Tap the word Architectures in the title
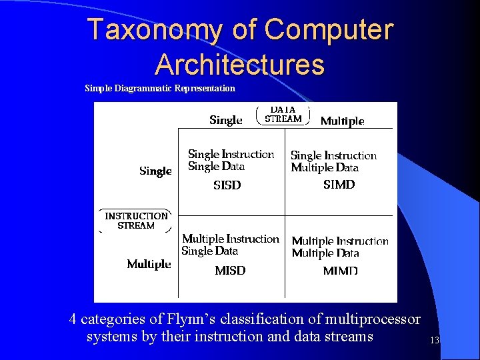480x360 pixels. [x=239, y=65]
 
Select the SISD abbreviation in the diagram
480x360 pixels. [x=227, y=185]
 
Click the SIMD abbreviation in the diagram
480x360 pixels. [x=339, y=185]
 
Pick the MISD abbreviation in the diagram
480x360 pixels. [x=230, y=271]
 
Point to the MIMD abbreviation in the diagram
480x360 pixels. [x=340, y=271]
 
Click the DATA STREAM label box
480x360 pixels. [x=283, y=115]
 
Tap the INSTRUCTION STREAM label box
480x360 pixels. [x=136, y=221]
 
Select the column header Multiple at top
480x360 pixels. [x=342, y=121]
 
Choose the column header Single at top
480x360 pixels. [x=225, y=120]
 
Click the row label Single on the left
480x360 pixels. [x=155, y=171]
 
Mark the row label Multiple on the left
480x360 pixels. [x=149, y=265]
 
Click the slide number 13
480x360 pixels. [x=435, y=341]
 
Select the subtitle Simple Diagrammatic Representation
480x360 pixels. [x=160, y=88]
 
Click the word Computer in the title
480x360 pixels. [x=329, y=30]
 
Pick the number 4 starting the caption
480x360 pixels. [x=73, y=320]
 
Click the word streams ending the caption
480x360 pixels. [x=347, y=337]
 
